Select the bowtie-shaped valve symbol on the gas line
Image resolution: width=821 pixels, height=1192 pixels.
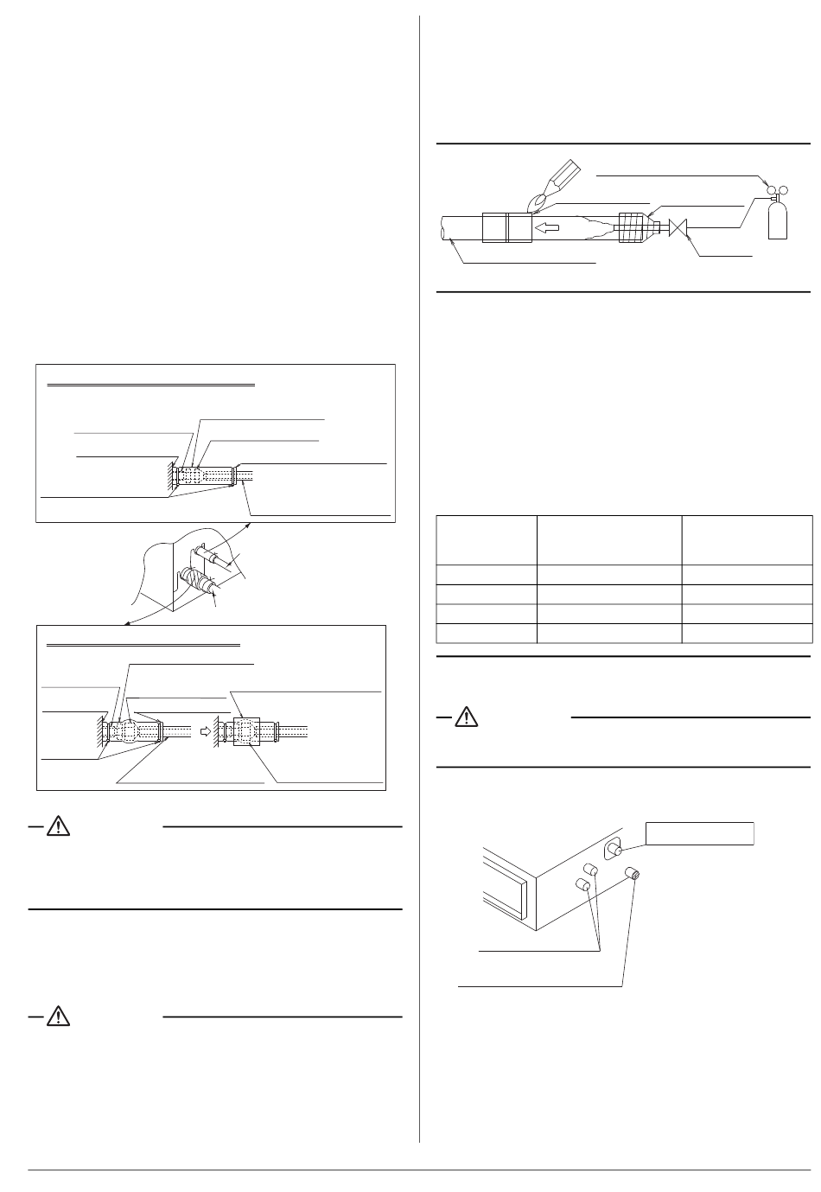679,229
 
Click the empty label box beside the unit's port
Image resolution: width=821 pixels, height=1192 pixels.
700,833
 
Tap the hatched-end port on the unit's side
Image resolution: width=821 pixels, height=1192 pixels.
635,875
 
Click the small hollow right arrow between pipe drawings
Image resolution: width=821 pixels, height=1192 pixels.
205,730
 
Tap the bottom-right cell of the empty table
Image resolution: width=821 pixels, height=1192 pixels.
747,634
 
